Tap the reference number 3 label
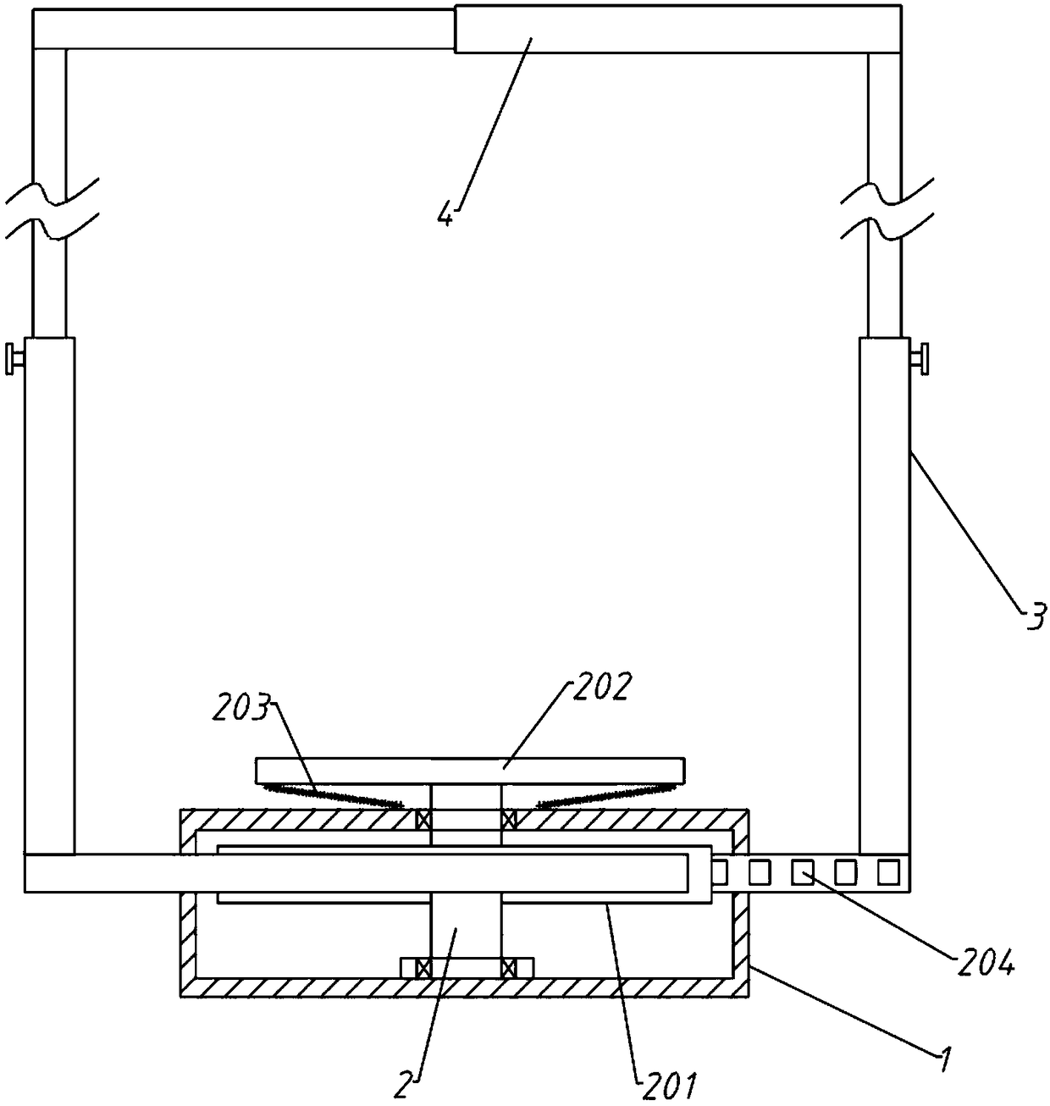click(1035, 616)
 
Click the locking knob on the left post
click(14, 359)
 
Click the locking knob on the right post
click(919, 357)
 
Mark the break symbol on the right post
click(886, 207)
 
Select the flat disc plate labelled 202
click(470, 771)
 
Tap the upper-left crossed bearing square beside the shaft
click(423, 820)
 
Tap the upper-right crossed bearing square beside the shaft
click(509, 820)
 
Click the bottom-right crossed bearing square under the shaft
click(509, 967)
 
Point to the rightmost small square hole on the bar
click(887, 871)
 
